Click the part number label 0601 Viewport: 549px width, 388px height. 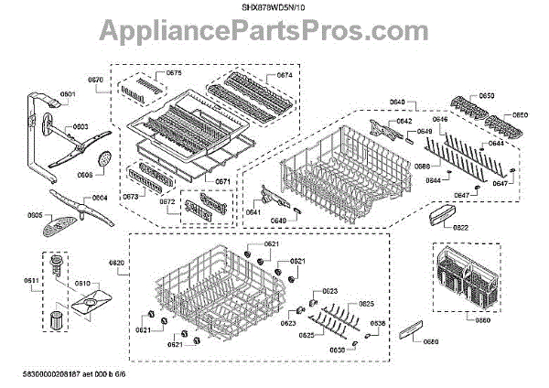coord(68,94)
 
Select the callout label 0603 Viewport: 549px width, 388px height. coord(81,126)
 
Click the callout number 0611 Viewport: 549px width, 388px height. coord(30,280)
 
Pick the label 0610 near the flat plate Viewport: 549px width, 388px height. coord(81,284)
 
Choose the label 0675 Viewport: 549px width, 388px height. coord(174,73)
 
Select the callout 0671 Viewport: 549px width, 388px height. coord(222,181)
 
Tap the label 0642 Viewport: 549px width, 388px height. coord(404,121)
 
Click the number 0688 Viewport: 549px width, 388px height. coord(422,166)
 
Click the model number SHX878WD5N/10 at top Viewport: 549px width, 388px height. coord(274,7)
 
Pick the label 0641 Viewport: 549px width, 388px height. coord(253,212)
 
